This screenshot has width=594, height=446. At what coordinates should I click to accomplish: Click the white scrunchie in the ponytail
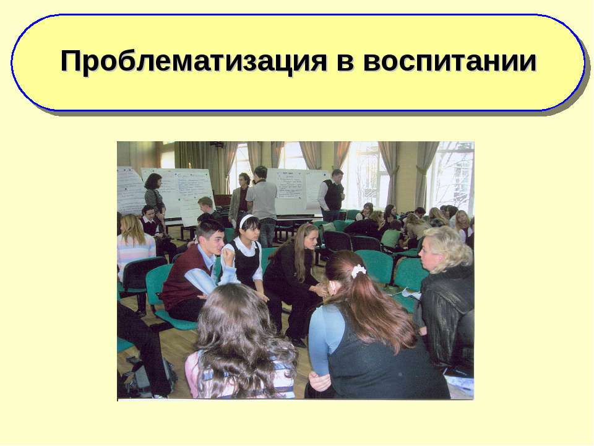coord(358,270)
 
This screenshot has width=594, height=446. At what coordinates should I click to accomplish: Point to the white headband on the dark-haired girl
coord(247,221)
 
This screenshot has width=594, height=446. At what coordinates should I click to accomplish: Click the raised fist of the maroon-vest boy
coord(228,255)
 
